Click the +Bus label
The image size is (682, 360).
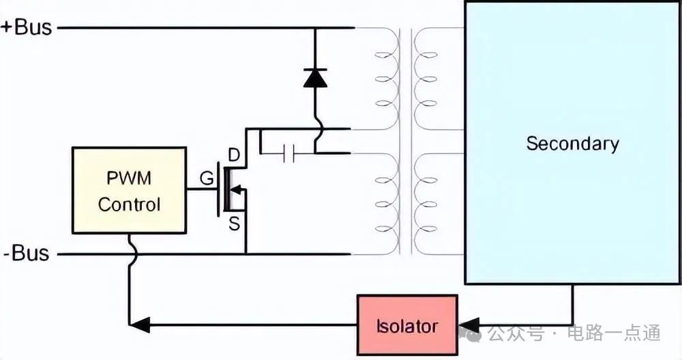click(x=25, y=27)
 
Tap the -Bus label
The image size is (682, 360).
click(x=26, y=254)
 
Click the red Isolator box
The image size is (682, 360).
click(x=406, y=325)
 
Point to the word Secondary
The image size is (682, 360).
click(x=572, y=144)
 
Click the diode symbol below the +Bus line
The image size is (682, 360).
click(x=315, y=78)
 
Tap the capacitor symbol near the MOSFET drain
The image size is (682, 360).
click(x=287, y=154)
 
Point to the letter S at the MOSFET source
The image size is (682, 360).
click(x=235, y=222)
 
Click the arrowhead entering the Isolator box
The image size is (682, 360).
click(x=469, y=325)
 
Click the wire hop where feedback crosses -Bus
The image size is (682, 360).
click(x=130, y=254)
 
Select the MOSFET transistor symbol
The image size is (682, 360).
click(x=232, y=189)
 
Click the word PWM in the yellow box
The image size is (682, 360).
click(x=129, y=179)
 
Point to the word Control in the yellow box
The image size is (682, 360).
click(x=129, y=204)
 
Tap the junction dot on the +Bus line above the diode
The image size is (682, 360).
click(x=315, y=28)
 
